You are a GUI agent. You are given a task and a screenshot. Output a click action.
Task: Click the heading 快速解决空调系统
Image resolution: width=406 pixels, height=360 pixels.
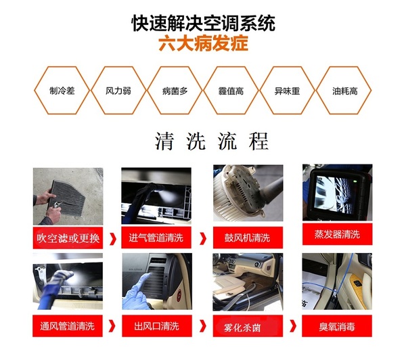coord(203,23)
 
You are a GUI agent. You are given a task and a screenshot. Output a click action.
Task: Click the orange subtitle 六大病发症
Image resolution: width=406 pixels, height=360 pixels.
coord(203,45)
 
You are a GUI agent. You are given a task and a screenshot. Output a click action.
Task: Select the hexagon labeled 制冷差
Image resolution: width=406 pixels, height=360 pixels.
coord(56,90)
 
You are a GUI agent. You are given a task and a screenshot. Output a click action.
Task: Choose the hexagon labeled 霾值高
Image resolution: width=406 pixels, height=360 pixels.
coord(231,90)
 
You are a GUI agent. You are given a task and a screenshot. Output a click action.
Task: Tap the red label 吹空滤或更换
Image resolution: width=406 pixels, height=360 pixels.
coord(68,238)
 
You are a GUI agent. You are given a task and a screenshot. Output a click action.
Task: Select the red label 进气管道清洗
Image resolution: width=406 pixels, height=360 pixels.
coord(158,238)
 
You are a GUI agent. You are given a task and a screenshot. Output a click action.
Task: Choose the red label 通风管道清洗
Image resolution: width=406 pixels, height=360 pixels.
coord(68,326)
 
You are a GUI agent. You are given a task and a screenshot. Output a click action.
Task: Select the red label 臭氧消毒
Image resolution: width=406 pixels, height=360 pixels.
coord(336,326)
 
